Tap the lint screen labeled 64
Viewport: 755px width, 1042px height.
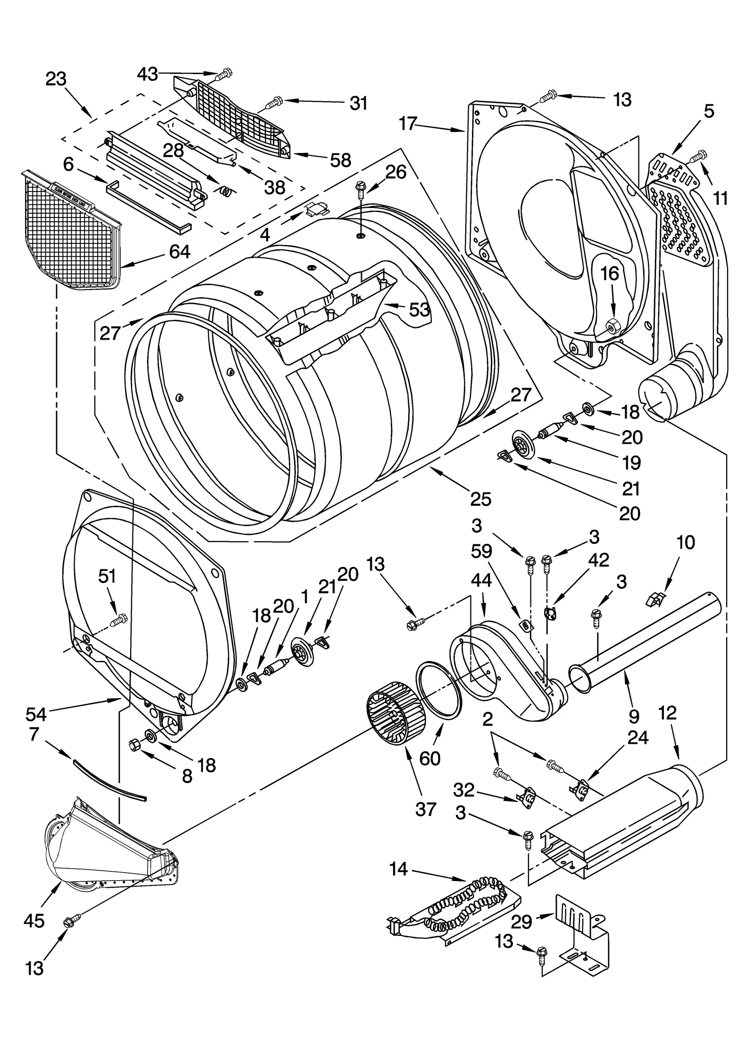(71, 231)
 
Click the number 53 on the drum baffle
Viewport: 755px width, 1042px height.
(419, 309)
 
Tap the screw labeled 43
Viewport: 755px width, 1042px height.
(224, 74)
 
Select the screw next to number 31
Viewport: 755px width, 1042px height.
(274, 101)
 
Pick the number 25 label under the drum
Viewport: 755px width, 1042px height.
(480, 499)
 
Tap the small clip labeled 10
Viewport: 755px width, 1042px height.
(654, 600)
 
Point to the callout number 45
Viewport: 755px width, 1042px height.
(34, 920)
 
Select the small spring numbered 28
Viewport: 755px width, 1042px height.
(227, 191)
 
